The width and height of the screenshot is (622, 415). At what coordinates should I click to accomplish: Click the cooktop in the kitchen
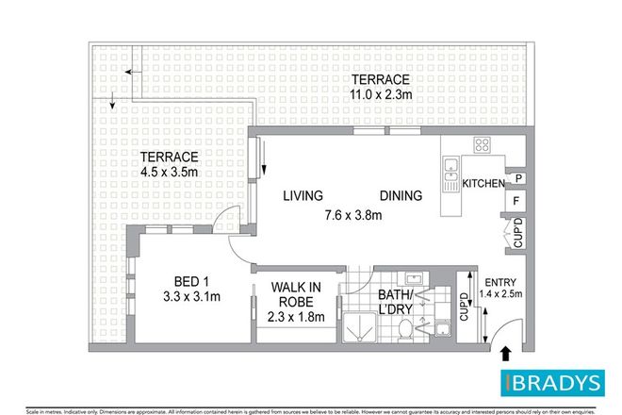[483, 146]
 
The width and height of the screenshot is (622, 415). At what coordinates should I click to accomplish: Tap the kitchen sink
[447, 174]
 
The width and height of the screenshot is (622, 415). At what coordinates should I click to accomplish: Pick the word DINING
[401, 195]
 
